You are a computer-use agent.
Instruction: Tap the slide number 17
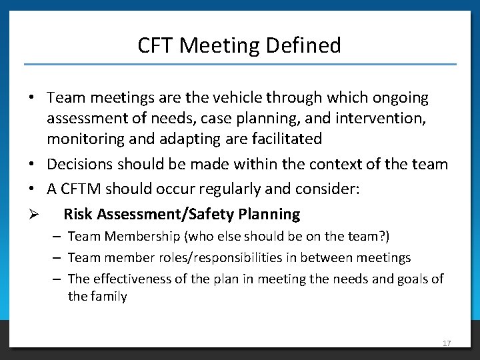click(447, 343)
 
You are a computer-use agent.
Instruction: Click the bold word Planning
click(271, 215)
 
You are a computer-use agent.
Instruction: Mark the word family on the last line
click(108, 296)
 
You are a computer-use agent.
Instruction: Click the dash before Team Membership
click(59, 236)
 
